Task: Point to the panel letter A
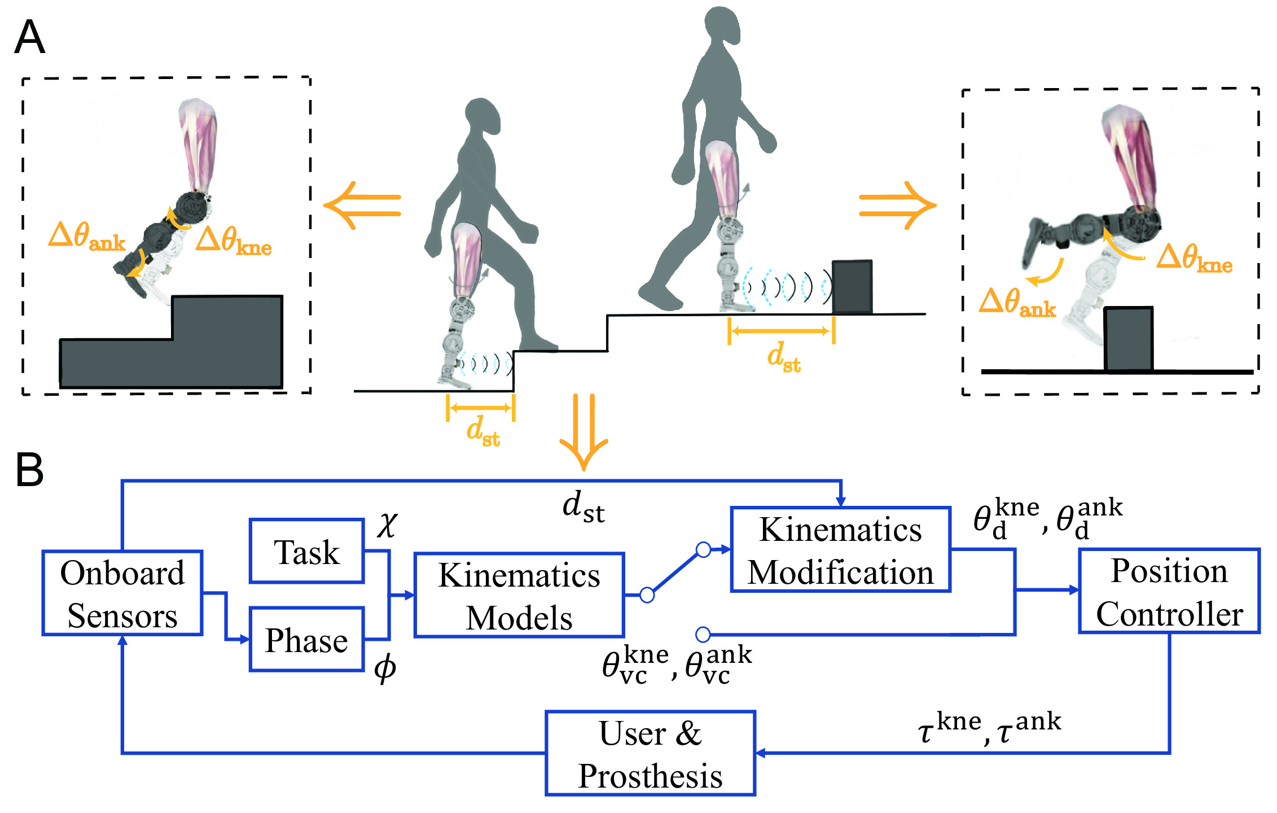coord(29,37)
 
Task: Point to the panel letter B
coord(29,469)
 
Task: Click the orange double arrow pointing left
coord(362,206)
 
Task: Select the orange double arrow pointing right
coord(897,206)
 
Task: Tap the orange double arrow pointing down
coord(584,432)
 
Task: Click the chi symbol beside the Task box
coord(387,525)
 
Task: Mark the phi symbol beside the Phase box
coord(385,668)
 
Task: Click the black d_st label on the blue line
coord(583,506)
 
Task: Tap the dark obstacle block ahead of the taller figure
coord(852,287)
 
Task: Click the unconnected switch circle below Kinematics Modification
coord(703,635)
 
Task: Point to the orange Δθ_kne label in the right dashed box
coord(1194,259)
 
